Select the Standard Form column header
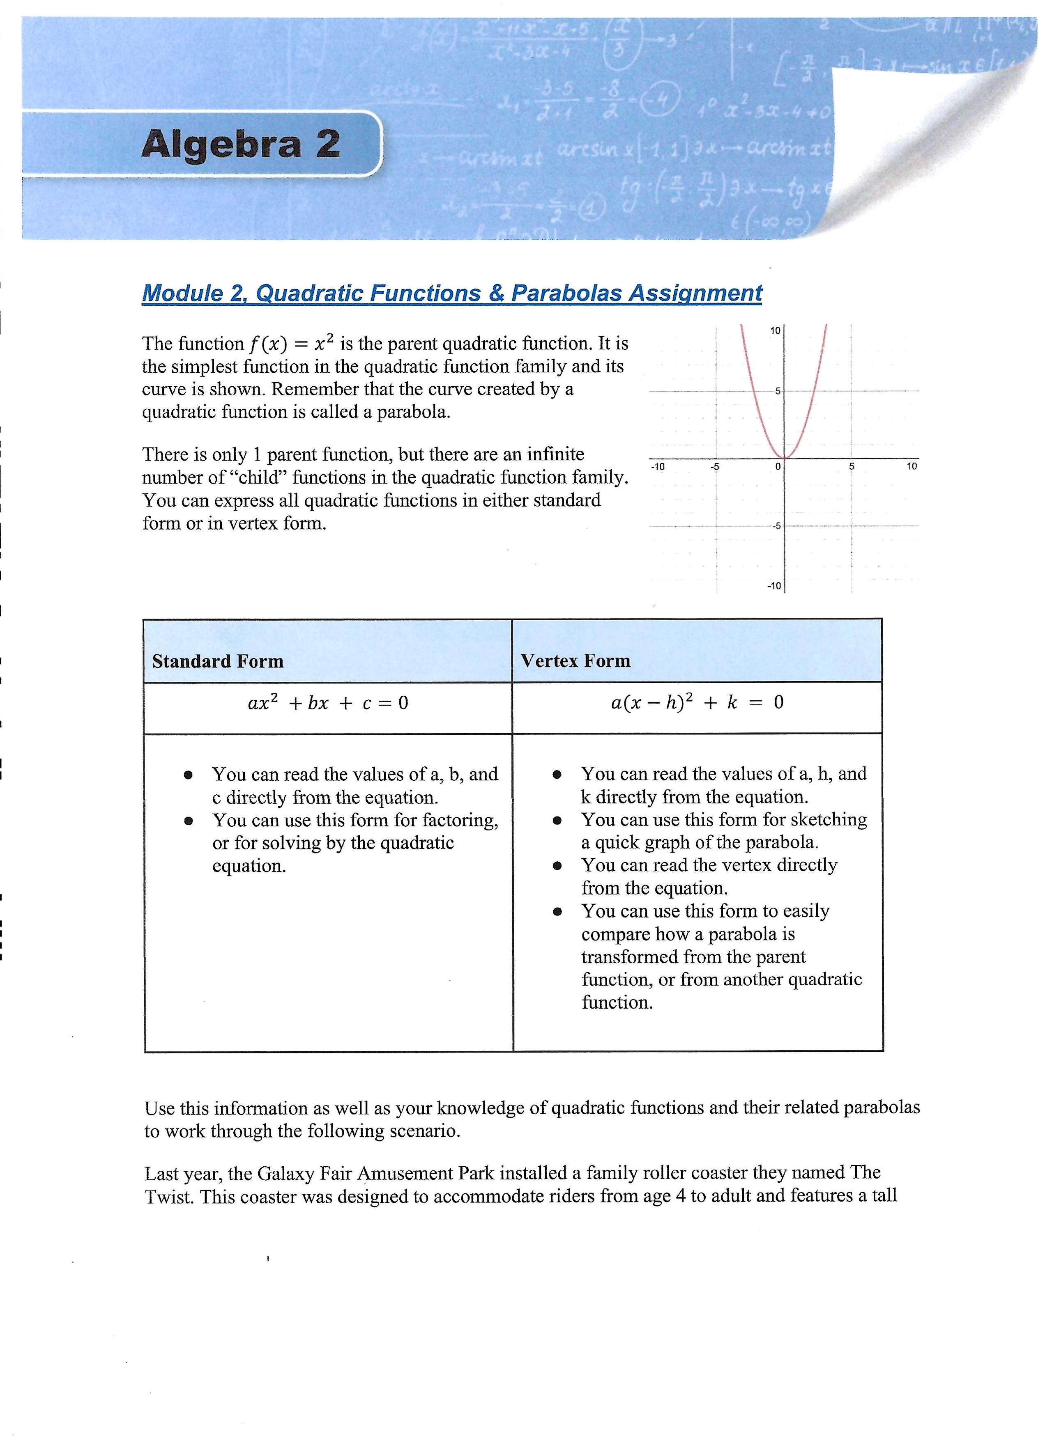point(217,661)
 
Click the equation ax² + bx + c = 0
point(328,703)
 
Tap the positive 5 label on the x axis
point(851,467)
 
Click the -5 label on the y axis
point(776,526)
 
